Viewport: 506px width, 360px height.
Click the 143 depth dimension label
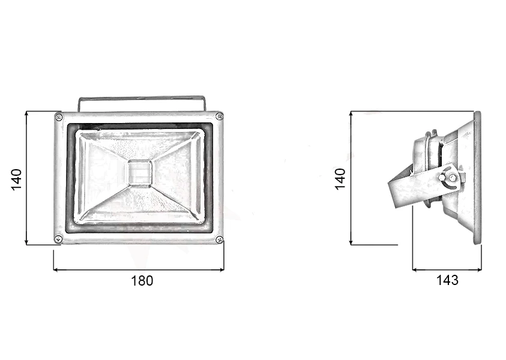[447, 280]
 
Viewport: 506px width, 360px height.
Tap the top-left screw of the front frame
[59, 117]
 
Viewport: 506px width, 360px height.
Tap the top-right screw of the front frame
[219, 116]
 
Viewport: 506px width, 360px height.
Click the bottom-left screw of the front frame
[58, 239]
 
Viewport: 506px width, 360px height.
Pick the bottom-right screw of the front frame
[220, 239]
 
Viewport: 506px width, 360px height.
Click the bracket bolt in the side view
[443, 178]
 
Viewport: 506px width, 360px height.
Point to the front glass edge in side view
[478, 178]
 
